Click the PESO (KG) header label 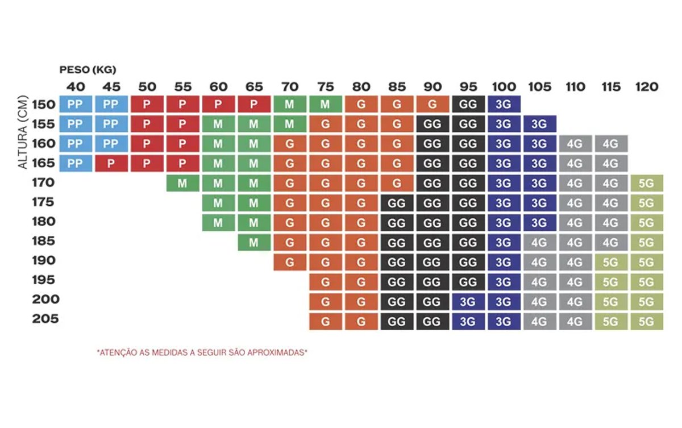(x=88, y=70)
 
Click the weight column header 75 (x=325, y=87)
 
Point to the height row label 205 (x=45, y=319)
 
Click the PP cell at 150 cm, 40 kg (x=76, y=105)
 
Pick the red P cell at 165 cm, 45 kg (x=111, y=164)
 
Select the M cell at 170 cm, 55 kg (x=182, y=183)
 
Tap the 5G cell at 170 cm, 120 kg (x=646, y=183)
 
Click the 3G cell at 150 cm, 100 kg (x=504, y=105)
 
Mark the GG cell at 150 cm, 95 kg (x=468, y=105)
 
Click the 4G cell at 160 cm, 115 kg (x=610, y=144)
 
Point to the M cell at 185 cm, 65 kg (x=253, y=242)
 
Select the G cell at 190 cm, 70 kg (x=289, y=262)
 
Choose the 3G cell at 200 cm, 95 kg (x=468, y=301)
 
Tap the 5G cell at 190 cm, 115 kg (x=610, y=262)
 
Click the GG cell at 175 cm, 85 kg (x=397, y=203)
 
